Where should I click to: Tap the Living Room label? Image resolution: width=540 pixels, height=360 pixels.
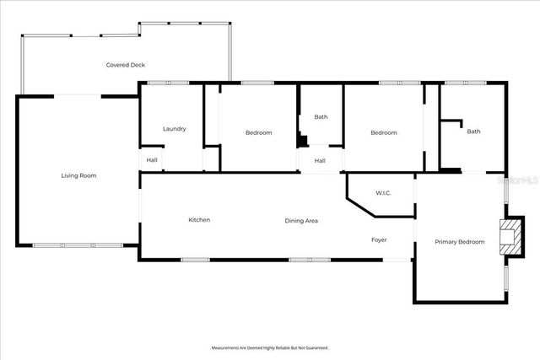pos(78,175)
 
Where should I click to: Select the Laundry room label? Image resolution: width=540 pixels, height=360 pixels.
pos(175,129)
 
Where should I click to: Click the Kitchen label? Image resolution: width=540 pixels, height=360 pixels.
pos(199,220)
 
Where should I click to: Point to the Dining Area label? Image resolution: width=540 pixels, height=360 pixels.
pos(301,220)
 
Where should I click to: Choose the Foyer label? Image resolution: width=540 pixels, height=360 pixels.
pos(380,240)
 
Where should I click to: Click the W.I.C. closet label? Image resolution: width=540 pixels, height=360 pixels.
pos(383,192)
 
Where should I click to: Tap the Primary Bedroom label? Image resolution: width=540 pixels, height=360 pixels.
pos(460,242)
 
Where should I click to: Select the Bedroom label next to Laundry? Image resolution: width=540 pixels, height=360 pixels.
pos(259,132)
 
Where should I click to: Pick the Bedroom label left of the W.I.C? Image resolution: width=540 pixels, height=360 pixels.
pos(384,132)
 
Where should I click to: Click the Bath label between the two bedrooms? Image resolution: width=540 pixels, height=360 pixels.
pos(321,117)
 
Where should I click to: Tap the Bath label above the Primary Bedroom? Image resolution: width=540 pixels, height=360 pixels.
pos(474,131)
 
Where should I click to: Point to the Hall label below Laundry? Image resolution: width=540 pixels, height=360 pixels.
pos(152,160)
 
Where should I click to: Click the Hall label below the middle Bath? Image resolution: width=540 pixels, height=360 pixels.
pos(321,160)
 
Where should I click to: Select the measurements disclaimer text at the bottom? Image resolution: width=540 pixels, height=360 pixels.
pos(270,347)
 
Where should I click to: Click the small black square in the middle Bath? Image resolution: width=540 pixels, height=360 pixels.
pos(300,143)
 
